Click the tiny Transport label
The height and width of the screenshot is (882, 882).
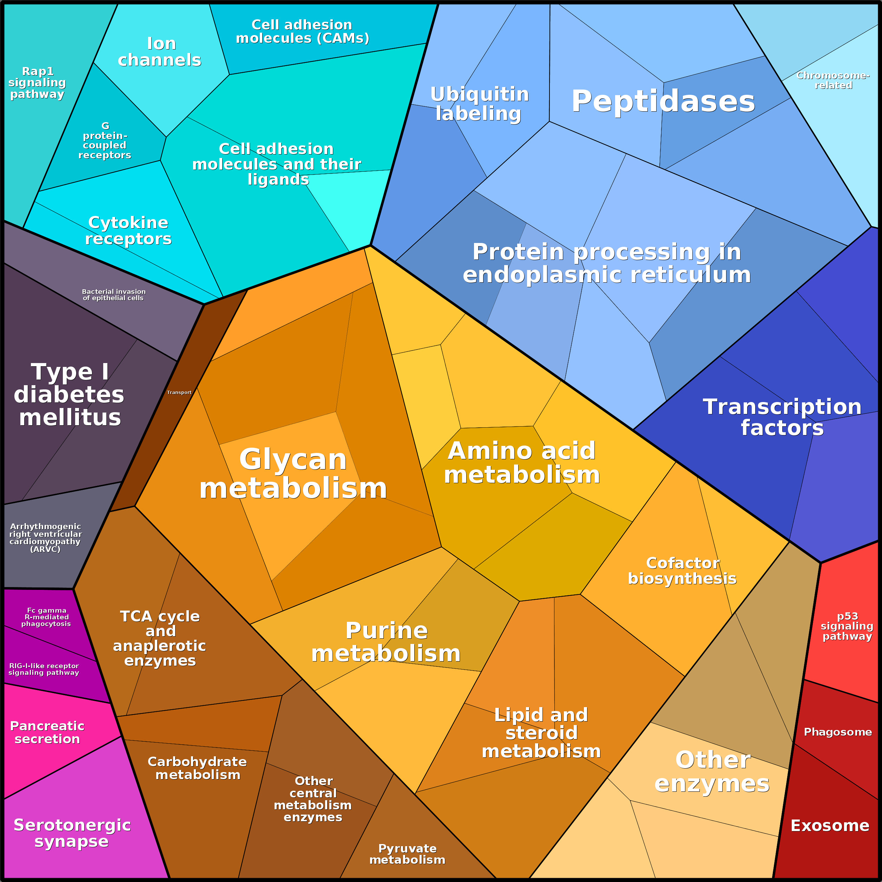179,392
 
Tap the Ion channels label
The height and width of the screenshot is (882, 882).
160,52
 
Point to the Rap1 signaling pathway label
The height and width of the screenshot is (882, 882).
38,83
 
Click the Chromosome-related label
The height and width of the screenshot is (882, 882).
833,80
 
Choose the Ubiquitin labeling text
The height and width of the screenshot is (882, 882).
479,104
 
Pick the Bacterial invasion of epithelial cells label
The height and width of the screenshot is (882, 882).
114,295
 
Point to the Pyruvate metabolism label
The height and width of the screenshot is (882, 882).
407,854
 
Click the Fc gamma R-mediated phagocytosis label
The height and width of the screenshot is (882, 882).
46,617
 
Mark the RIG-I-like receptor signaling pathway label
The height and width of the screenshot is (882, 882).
44,669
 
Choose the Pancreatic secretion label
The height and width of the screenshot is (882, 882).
47,732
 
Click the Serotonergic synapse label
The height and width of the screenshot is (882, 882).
72,834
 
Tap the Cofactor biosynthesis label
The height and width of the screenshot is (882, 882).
682,571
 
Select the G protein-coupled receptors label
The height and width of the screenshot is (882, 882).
105,140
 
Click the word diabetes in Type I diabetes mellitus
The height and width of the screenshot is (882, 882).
69,394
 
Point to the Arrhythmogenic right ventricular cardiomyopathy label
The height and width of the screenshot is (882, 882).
45,538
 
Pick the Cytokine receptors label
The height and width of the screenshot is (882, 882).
128,231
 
